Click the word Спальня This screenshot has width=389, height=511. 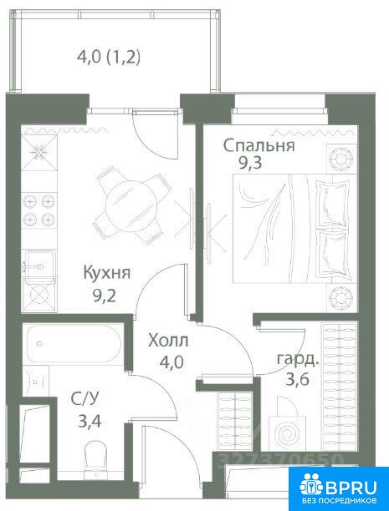coord(259,145)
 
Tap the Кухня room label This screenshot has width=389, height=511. coord(107,272)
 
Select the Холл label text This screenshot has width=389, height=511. coord(168,341)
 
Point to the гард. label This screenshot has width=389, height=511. coord(298,360)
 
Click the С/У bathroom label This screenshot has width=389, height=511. coord(84,398)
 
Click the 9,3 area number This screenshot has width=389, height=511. coord(250,163)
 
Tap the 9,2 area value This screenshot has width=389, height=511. coord(105,296)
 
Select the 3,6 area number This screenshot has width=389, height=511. coord(297,379)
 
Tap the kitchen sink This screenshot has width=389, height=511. coord(39,266)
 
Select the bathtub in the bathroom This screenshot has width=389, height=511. coord(74,343)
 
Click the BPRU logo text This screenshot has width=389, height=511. coord(351,488)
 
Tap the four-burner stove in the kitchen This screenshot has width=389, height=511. coord(39,210)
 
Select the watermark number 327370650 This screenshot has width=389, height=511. coord(281,459)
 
